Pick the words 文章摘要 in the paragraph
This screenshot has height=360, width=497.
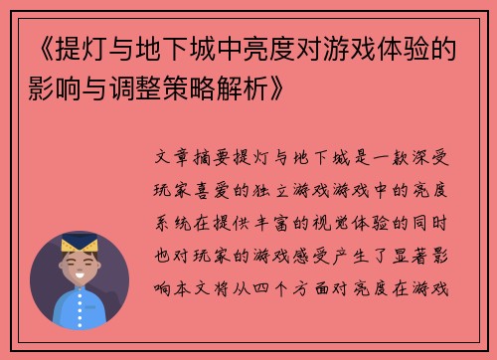(198, 157)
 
